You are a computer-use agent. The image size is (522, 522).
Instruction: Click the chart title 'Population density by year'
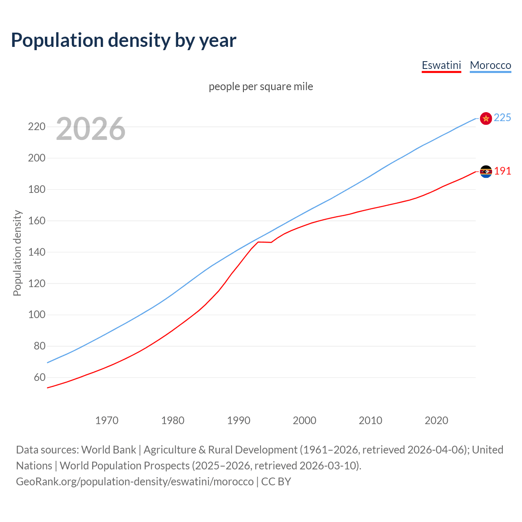(124, 40)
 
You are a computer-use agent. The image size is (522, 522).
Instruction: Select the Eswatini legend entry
(441, 65)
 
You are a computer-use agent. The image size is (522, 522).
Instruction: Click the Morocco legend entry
(490, 65)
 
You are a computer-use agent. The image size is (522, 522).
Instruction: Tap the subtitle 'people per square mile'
(261, 86)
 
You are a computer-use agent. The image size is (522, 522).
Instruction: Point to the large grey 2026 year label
(91, 129)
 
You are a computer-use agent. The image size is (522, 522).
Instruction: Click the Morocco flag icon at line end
(486, 118)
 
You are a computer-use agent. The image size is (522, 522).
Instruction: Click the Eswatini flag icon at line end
(486, 172)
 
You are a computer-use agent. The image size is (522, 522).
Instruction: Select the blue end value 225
(502, 118)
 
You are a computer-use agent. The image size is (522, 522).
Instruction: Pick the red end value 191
(502, 171)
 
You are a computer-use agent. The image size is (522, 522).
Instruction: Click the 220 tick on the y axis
(37, 127)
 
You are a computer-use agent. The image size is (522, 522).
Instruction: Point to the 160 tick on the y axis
(37, 221)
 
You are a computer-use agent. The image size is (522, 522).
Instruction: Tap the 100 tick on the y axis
(37, 315)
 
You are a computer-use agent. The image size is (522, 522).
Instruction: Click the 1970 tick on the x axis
(107, 420)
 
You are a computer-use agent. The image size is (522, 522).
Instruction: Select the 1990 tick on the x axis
(239, 420)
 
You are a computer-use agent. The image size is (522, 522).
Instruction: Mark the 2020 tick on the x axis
(436, 420)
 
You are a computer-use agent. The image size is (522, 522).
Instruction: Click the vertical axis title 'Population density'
(17, 253)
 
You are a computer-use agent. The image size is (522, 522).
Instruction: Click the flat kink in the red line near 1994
(264, 242)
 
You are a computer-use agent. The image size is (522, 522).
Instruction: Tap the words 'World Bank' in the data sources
(108, 450)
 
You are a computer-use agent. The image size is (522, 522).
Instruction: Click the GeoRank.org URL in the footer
(135, 482)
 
